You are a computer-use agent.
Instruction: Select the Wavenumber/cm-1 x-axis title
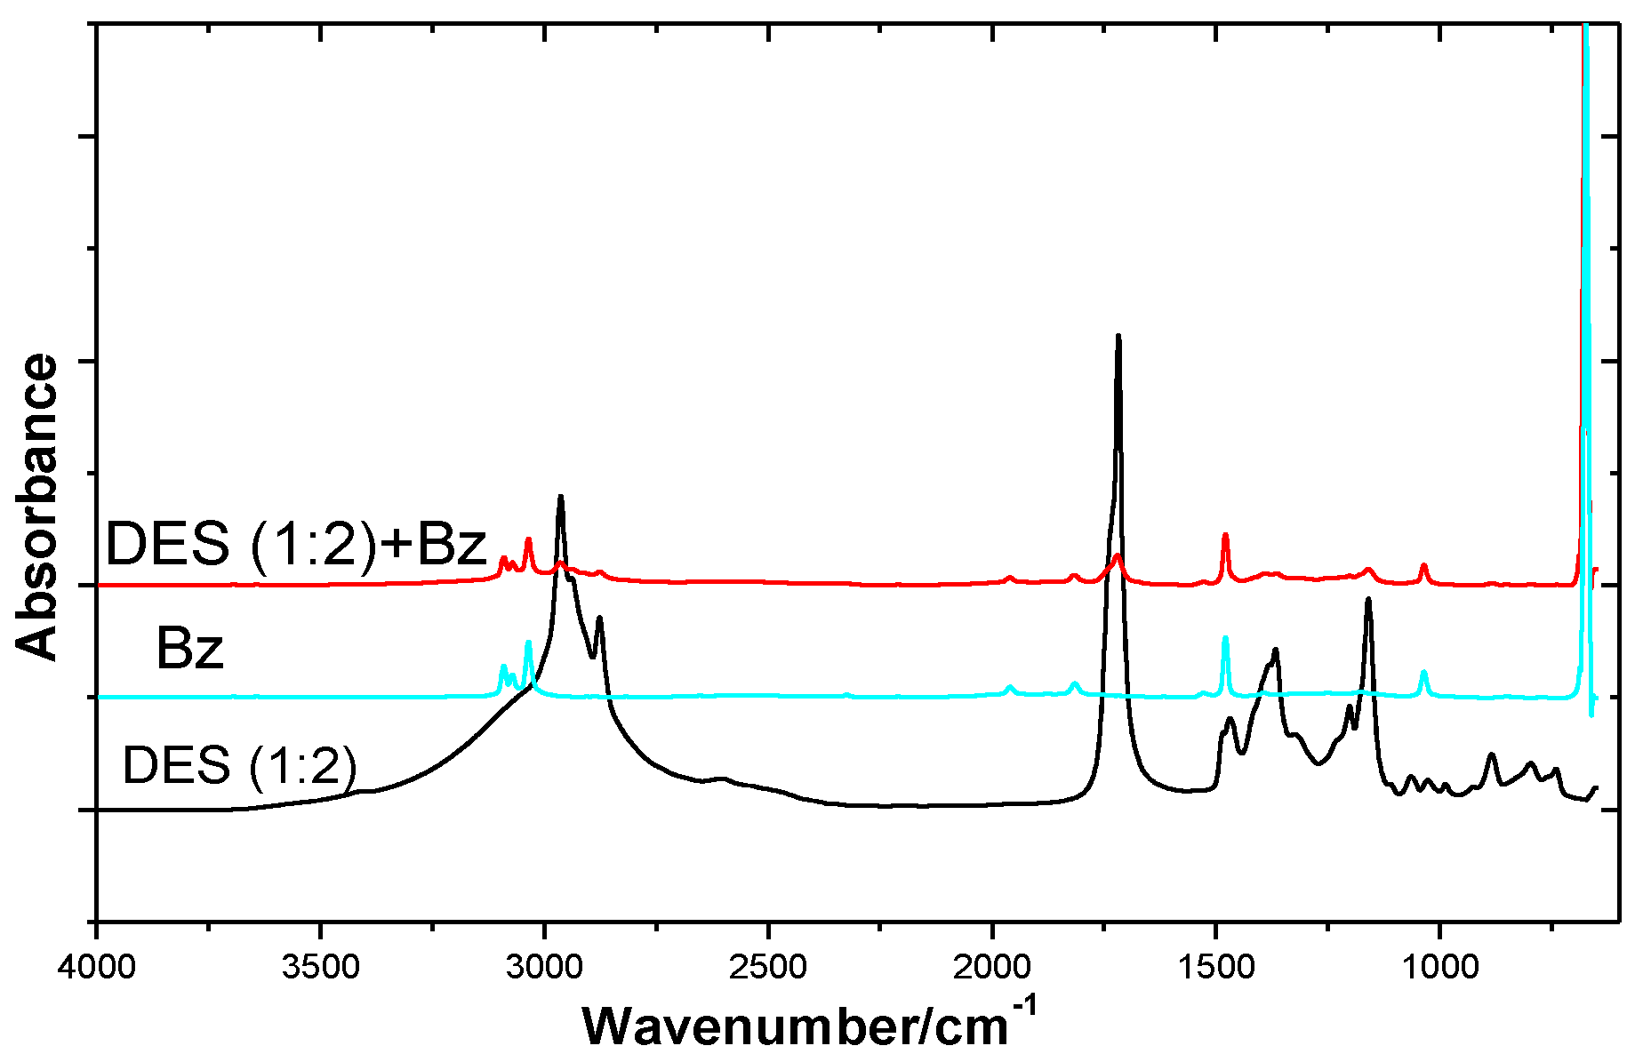pos(809,1024)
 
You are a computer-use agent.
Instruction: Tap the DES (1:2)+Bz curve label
pos(296,544)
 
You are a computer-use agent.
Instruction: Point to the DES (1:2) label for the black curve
pos(239,764)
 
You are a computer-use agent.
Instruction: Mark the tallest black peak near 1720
pos(1118,337)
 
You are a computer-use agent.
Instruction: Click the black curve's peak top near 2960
pos(560,497)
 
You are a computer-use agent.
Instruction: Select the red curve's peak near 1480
pos(1225,535)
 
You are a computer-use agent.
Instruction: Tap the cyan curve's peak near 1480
pos(1225,638)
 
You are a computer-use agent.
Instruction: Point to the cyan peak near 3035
pos(528,642)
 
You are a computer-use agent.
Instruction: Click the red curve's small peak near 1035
pos(1423,565)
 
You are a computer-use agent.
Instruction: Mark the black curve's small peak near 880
pos(1491,755)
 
